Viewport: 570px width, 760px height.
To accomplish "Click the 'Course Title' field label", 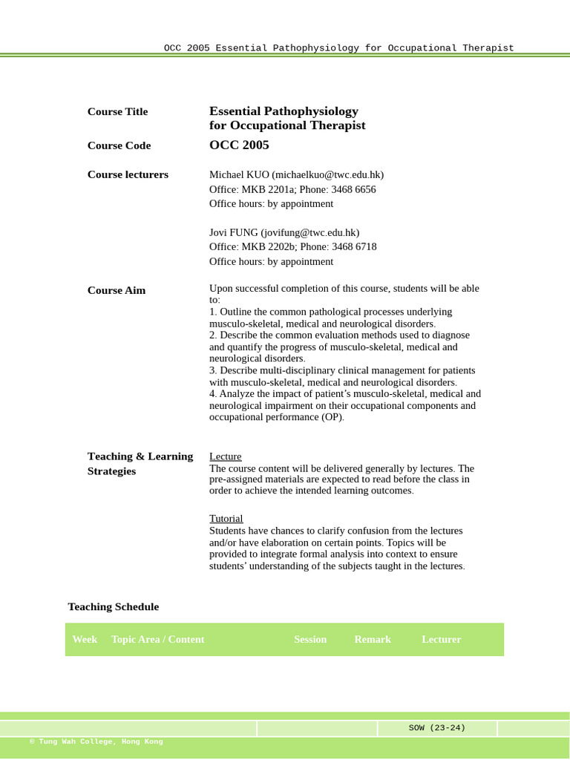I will click(117, 112).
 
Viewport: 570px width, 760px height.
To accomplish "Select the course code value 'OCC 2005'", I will click(239, 145).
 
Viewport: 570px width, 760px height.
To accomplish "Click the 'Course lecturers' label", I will click(128, 175).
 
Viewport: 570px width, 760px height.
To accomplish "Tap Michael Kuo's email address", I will click(327, 175).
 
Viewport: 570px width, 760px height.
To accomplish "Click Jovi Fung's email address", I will click(309, 233).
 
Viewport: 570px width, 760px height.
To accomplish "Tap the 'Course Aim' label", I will click(117, 291).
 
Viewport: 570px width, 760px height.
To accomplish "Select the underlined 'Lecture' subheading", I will click(225, 456).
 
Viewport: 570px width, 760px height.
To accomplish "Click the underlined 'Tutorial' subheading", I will click(226, 519).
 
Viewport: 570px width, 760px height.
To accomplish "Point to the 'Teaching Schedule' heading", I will click(114, 607).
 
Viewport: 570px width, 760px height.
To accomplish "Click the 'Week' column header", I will click(85, 640).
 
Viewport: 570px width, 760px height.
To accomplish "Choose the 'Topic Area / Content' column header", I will click(157, 640).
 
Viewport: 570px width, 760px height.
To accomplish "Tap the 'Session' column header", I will click(310, 640).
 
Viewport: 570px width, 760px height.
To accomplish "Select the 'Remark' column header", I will click(373, 640).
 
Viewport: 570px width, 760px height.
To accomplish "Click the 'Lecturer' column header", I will click(442, 640).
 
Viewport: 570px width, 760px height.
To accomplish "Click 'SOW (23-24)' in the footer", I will click(437, 728).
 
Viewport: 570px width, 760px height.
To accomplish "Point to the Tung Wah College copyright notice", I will click(96, 741).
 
